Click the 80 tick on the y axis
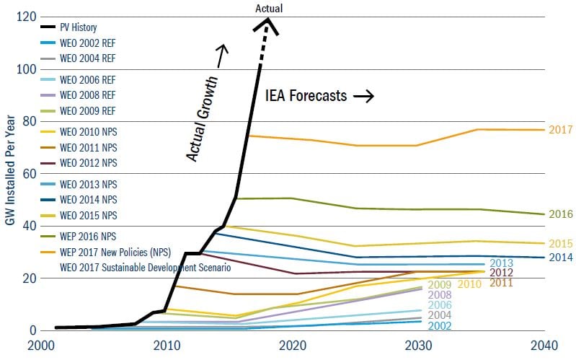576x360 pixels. point(28,121)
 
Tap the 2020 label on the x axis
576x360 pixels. point(293,345)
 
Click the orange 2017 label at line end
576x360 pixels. point(560,130)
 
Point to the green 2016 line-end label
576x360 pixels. point(560,214)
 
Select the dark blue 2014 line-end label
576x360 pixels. point(560,258)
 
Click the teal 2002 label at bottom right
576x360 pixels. point(440,326)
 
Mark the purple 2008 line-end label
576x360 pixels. point(440,294)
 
